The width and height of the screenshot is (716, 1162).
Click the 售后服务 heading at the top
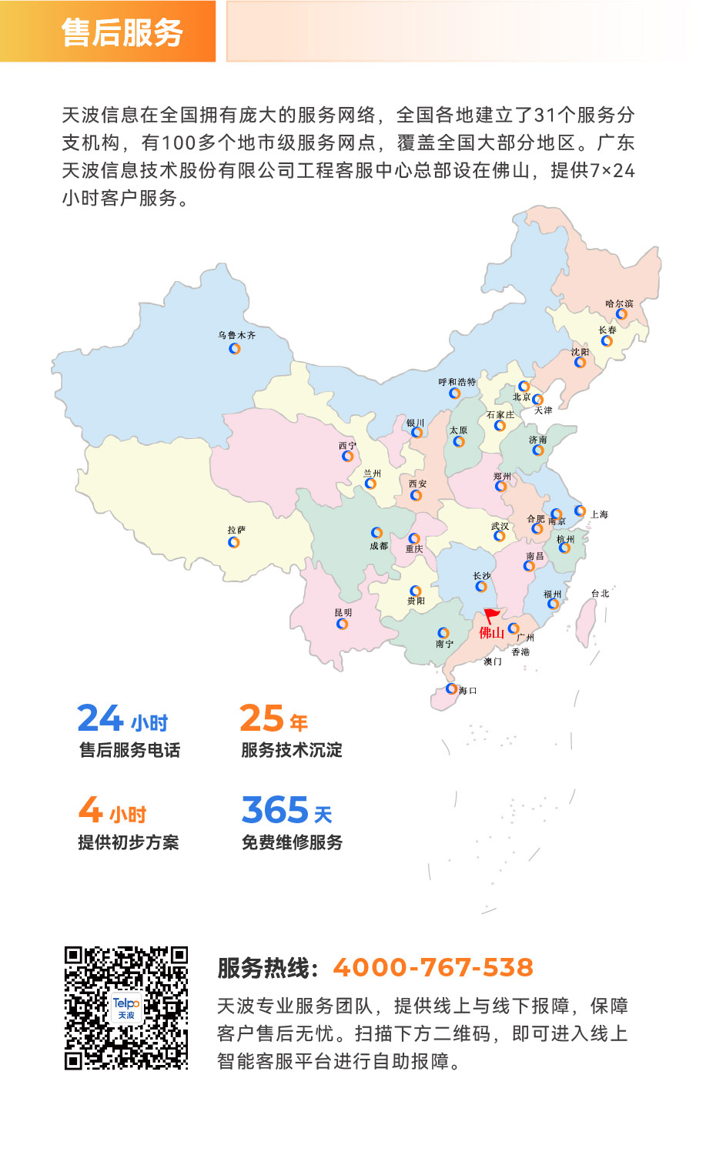[122, 32]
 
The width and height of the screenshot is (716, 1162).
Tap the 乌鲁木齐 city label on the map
[236, 336]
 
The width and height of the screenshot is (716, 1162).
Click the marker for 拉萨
[234, 542]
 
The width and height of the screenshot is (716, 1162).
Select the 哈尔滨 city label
[619, 304]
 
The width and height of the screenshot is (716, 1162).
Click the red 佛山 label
[491, 633]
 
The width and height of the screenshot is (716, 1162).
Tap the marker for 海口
[452, 689]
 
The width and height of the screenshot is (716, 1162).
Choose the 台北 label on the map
[600, 594]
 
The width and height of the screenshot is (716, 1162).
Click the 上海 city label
[599, 514]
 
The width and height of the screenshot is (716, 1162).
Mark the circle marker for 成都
[376, 533]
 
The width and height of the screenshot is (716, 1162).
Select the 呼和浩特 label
[457, 382]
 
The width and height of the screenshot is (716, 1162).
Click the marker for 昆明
[343, 624]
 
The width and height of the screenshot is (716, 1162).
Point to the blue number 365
[275, 810]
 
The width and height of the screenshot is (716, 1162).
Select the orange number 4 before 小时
[90, 810]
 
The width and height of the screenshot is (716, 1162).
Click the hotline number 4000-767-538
[433, 967]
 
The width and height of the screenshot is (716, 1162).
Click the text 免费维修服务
[292, 842]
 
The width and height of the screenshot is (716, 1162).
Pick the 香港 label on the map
[520, 652]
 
